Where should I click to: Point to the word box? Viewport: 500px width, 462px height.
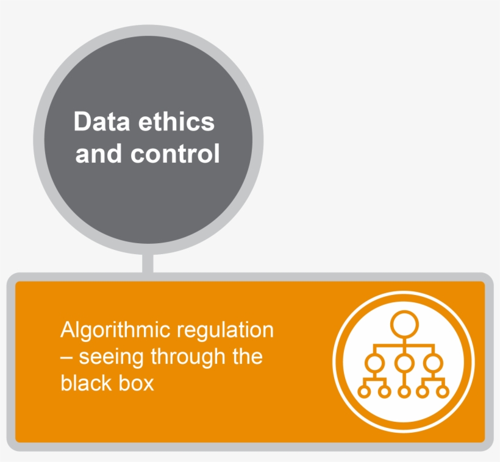pos(137,383)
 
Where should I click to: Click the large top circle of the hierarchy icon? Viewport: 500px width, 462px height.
pos(403,324)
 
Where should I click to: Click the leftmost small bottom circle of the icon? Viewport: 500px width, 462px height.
pos(364,391)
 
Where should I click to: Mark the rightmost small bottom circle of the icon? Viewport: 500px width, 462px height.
pos(443,391)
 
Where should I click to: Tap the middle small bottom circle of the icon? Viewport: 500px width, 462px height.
pos(403,391)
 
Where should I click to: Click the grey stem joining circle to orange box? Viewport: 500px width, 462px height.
pos(148,263)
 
